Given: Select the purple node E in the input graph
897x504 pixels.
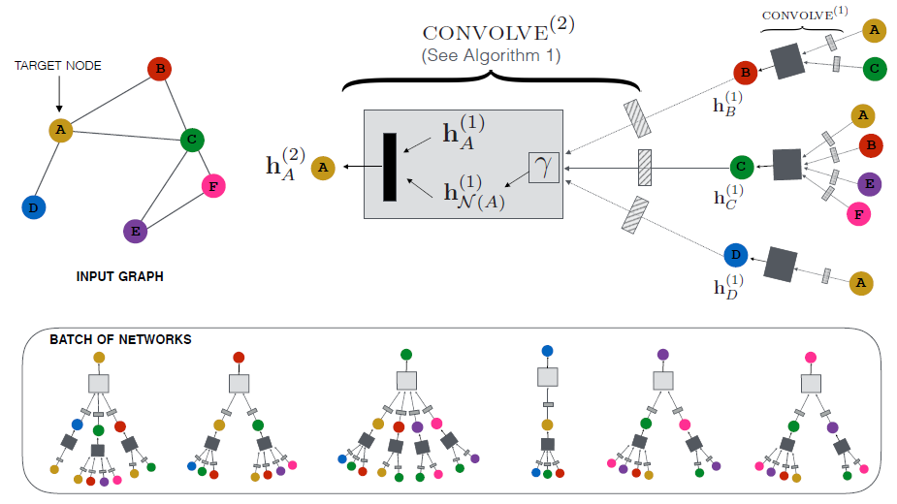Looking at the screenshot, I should tap(135, 231).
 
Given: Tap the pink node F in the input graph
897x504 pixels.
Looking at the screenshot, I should tap(212, 185).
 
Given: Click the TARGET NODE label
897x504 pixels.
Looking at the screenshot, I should tap(57, 66).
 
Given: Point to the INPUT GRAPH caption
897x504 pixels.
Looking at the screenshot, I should tap(119, 276).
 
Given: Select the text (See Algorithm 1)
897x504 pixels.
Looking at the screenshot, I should tap(491, 55).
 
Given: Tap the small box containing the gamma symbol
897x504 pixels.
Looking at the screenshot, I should tap(544, 168).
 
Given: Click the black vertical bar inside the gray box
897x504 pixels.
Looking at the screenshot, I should tap(390, 167).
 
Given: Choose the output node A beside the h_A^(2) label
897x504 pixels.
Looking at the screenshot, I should tap(322, 168).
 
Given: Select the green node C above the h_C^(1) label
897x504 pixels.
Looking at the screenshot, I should tap(742, 167).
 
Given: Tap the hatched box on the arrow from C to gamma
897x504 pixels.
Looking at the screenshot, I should tap(643, 167).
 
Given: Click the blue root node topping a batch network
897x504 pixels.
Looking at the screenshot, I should tap(548, 351).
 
